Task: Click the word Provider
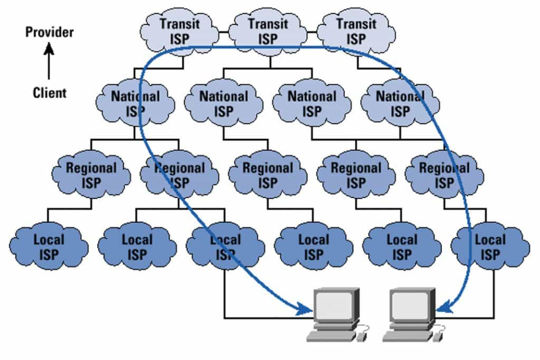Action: (x=50, y=32)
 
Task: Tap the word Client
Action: (x=50, y=93)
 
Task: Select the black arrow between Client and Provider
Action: (x=49, y=63)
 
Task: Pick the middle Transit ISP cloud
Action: (x=268, y=31)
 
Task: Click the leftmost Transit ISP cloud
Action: (x=180, y=31)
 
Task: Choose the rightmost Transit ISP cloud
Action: (x=356, y=31)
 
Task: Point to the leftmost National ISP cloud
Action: (x=136, y=103)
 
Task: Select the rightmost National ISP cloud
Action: (x=400, y=103)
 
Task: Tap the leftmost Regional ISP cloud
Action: (x=91, y=175)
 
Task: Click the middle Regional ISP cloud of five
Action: (x=268, y=175)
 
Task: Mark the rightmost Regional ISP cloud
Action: (x=444, y=175)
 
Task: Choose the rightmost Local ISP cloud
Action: (x=490, y=247)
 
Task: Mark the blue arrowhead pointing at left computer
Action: (x=306, y=309)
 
